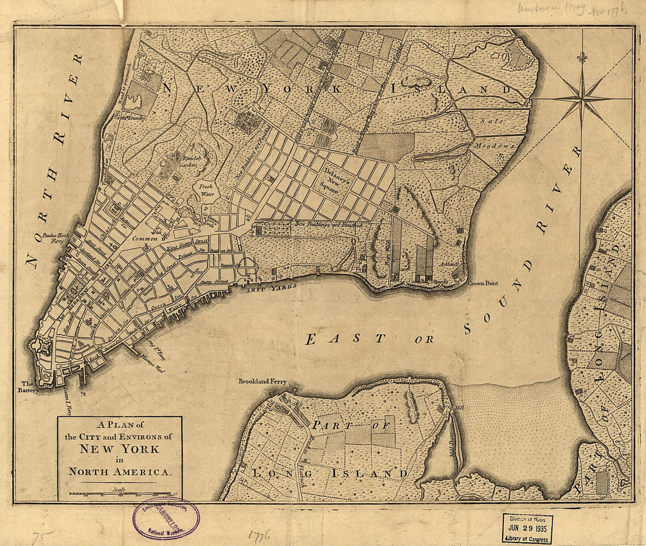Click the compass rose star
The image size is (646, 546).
pos(582,98)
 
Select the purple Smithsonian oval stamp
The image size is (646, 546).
pos(166,518)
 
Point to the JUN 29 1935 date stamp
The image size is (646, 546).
pos(527,528)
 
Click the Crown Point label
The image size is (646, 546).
pos(483,283)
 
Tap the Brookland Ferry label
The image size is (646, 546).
pos(262,381)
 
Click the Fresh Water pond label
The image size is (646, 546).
pos(206,189)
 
